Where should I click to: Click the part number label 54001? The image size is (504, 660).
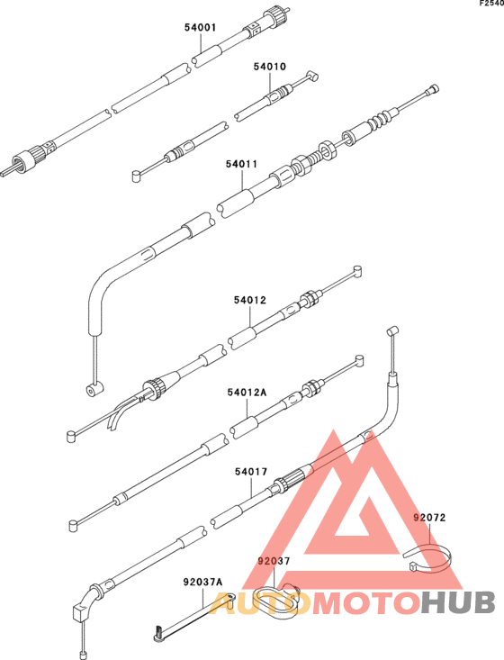click(x=200, y=28)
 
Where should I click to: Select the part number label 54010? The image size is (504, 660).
click(x=269, y=67)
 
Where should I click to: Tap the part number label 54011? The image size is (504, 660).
click(x=241, y=164)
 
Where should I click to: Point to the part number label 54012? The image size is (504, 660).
click(x=250, y=300)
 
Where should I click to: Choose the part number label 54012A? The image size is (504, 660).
click(x=247, y=393)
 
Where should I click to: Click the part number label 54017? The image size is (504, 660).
click(x=251, y=472)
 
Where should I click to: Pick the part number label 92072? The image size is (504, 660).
click(x=429, y=518)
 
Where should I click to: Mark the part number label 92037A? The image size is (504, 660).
click(x=202, y=583)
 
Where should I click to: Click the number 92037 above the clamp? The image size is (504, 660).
click(x=274, y=562)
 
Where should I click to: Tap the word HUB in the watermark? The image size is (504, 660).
click(x=458, y=602)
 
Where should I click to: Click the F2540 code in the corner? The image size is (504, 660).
click(x=492, y=4)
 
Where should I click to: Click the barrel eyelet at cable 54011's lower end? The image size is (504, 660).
click(x=94, y=389)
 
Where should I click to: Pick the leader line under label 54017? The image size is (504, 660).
click(x=252, y=487)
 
